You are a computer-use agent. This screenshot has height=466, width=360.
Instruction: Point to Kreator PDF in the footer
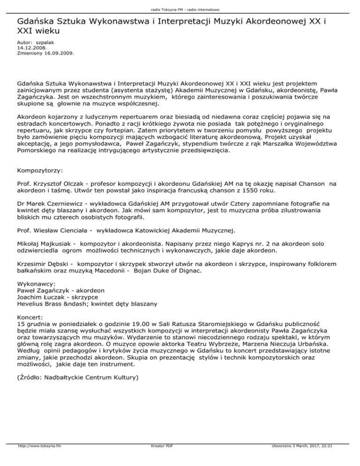[159, 459]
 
